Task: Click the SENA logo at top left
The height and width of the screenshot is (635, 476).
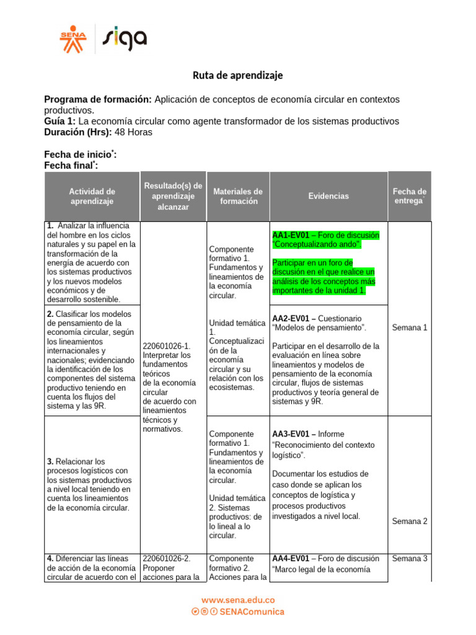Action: point(73,39)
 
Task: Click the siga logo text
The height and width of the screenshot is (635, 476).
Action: point(125,39)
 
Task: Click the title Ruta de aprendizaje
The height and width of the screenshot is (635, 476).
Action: point(237,75)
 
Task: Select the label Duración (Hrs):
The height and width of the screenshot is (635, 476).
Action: point(77,132)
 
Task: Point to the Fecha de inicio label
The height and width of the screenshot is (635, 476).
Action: point(79,154)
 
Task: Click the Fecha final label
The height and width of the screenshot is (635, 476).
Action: point(70,166)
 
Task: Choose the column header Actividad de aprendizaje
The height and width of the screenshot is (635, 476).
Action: point(92,196)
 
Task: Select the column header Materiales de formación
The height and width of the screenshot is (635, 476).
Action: point(237,196)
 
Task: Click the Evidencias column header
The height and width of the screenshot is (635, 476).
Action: point(328,196)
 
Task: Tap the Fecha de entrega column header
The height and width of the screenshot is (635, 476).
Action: point(409,196)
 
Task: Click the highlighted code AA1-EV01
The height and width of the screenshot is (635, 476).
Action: point(291,236)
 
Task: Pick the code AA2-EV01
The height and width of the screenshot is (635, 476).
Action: point(291,318)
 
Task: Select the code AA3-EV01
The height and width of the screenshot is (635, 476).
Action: point(291,434)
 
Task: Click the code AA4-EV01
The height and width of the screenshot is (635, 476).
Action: point(291,559)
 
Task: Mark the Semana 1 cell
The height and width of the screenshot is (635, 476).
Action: point(409,327)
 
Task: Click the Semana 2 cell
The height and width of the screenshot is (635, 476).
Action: point(409,522)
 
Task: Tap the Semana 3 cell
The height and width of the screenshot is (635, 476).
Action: point(409,559)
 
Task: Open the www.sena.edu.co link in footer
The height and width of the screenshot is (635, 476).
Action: point(238,600)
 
